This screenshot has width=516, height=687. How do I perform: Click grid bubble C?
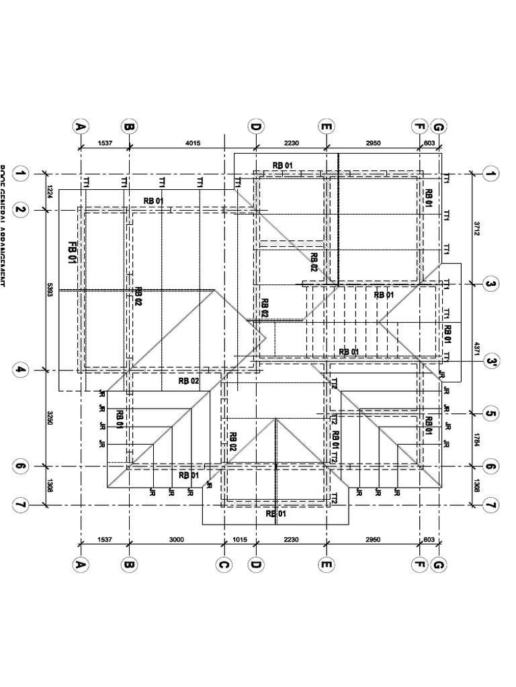click(x=224, y=566)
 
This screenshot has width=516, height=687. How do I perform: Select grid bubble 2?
click(x=21, y=210)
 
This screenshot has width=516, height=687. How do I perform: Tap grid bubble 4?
click(x=21, y=370)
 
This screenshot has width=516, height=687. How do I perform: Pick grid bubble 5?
click(x=490, y=414)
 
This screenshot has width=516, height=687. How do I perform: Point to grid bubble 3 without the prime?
click(x=490, y=284)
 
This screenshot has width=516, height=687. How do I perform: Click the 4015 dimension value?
click(x=193, y=143)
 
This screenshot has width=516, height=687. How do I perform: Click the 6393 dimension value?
click(x=50, y=290)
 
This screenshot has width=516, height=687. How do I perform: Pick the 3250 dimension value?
click(x=50, y=418)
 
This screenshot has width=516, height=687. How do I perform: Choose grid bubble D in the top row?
click(x=255, y=126)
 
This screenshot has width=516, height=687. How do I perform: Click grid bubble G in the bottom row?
click(x=439, y=566)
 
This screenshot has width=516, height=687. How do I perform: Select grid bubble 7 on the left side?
click(x=21, y=505)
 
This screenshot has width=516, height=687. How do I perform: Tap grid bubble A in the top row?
click(x=81, y=126)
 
